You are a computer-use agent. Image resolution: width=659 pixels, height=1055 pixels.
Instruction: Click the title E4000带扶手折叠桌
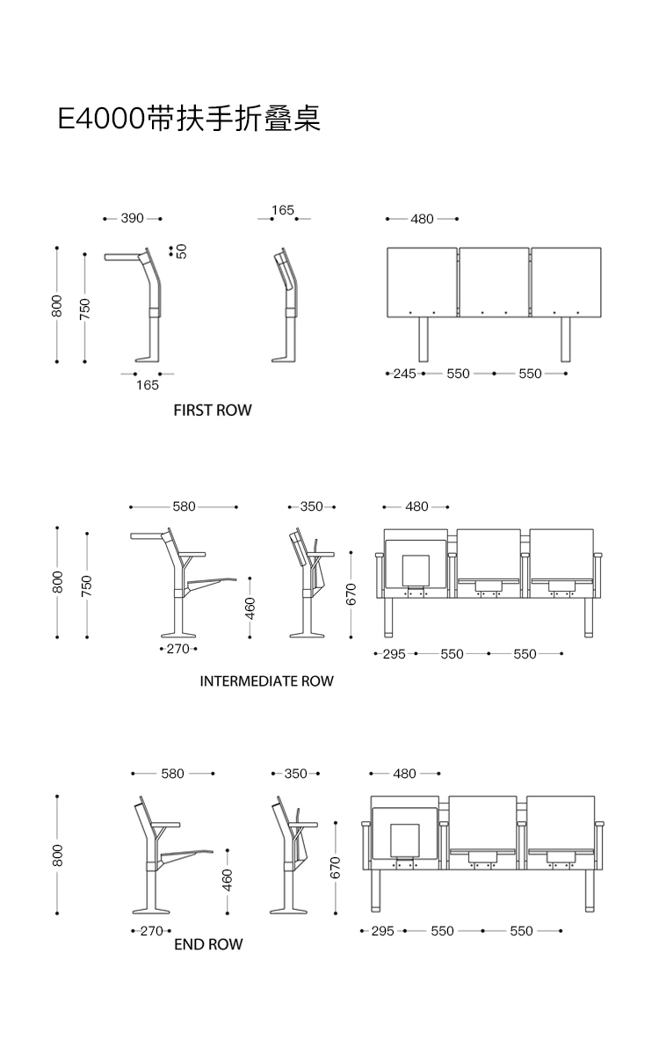pos(189,118)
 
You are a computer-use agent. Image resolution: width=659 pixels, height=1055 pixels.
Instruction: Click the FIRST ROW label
pos(212,410)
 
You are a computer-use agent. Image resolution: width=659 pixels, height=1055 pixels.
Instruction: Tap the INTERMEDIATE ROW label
pos(266,680)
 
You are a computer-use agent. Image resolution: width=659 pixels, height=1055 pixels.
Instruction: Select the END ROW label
pos(208,944)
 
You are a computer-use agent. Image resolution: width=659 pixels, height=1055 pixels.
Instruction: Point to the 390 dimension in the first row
pos(132,218)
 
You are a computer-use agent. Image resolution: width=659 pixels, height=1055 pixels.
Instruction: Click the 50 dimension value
pos(181,251)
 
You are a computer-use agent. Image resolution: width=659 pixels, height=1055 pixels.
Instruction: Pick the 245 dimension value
pos(404,374)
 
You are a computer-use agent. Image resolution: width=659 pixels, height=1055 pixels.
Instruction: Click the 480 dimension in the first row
pos(422,219)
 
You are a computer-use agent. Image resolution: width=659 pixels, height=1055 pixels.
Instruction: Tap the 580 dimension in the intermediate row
pos(184,506)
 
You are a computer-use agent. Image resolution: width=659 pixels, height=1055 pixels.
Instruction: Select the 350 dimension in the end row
pos(296,774)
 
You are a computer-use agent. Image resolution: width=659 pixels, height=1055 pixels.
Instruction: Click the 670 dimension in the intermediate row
pos(351,594)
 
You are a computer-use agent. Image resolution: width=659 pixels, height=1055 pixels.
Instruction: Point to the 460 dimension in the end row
pos(228,878)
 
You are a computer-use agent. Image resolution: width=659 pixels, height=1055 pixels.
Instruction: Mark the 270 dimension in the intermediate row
pos(177,649)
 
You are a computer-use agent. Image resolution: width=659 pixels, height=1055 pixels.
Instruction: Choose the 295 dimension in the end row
pos(382,930)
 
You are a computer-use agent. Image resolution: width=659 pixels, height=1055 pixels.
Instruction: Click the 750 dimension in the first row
pos(85,307)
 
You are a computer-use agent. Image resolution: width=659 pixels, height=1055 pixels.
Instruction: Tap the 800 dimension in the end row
pos(58,855)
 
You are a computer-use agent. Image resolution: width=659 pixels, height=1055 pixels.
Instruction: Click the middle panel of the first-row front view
pos(494,281)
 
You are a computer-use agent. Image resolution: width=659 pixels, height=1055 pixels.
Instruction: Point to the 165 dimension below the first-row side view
pos(147,385)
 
